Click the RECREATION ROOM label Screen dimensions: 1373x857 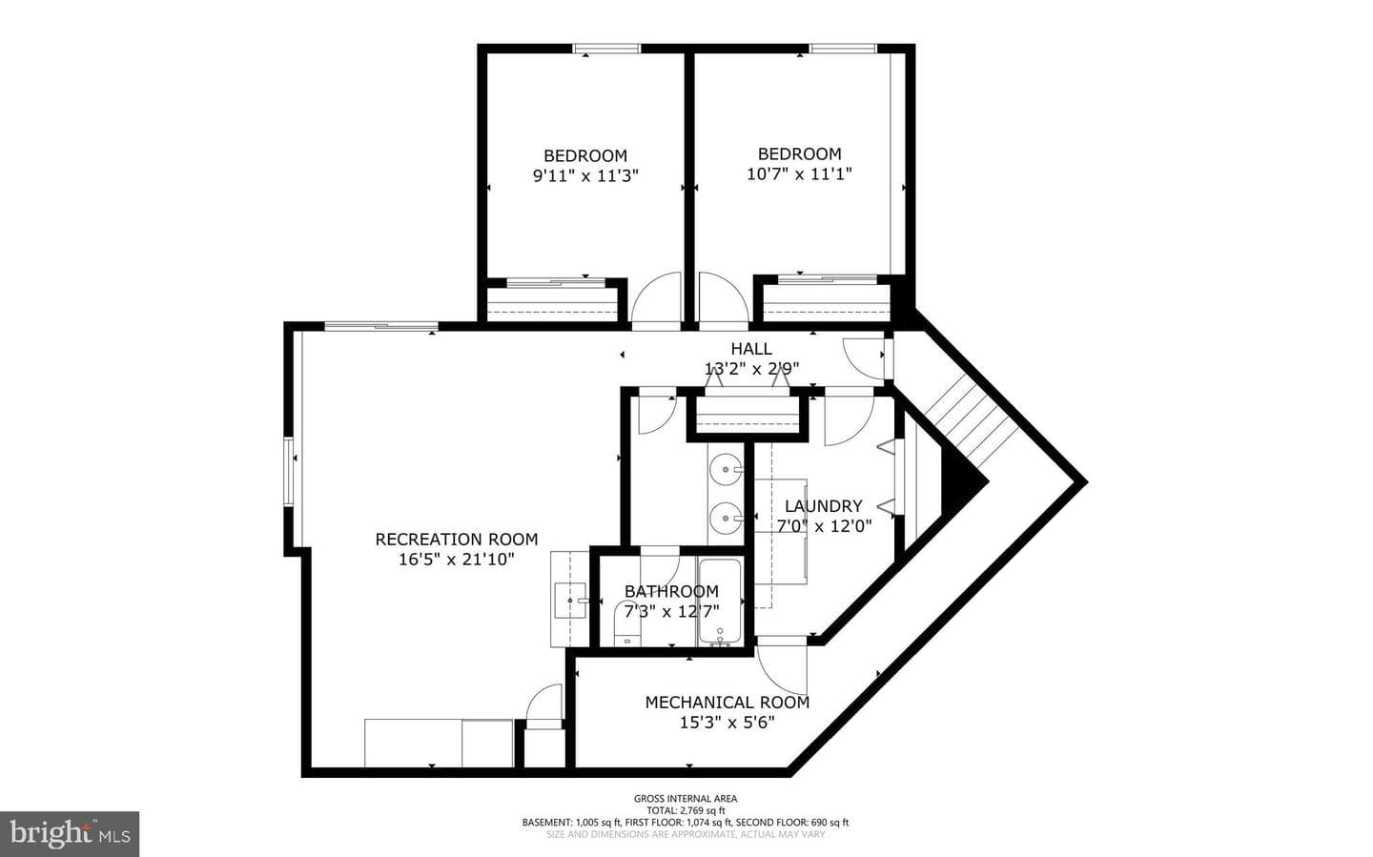457,540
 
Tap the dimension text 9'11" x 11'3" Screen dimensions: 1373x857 585,176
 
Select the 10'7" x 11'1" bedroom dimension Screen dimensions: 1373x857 799,174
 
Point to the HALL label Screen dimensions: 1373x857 751,349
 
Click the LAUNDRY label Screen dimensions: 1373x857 823,506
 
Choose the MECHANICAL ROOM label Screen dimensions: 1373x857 727,703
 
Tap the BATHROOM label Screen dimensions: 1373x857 671,592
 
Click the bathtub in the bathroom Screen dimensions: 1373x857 720,602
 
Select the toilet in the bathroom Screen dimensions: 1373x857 625,625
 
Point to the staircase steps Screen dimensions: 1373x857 971,423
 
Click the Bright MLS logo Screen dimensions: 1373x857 70,834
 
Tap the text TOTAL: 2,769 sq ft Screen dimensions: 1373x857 686,810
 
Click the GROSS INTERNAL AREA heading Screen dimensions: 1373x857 686,799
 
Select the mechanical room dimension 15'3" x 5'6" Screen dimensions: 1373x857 727,724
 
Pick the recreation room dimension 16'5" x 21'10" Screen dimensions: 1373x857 457,560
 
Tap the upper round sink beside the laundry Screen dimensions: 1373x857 726,470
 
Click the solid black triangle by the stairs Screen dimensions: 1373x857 963,481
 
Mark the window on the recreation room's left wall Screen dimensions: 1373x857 289,472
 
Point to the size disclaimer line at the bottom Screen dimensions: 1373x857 686,834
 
